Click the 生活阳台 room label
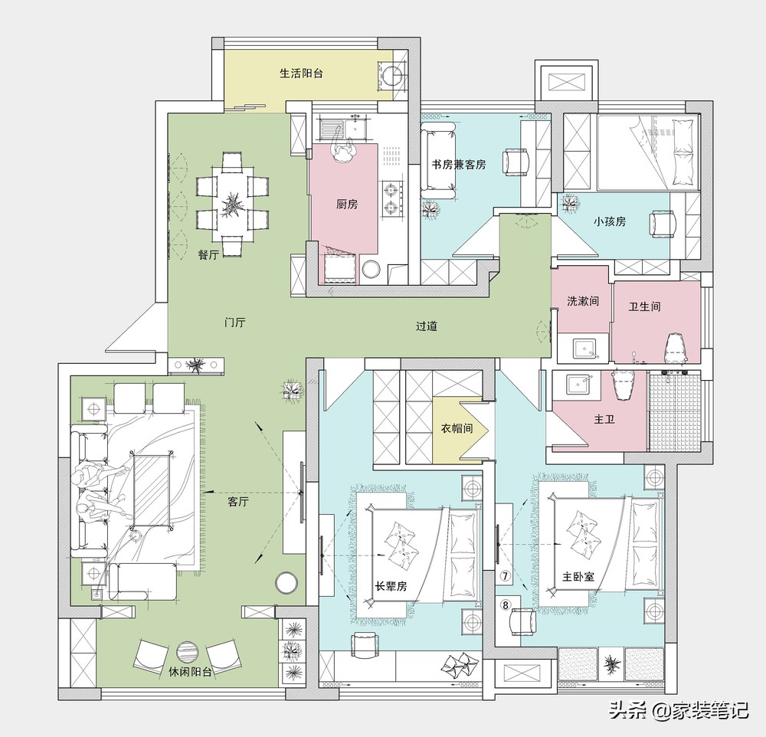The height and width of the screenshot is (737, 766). tap(301, 74)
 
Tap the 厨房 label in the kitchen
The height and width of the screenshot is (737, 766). tap(347, 205)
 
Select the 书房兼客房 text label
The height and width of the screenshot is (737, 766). tap(459, 165)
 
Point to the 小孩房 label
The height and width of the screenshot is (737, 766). tap(610, 221)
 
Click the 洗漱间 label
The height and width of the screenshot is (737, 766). tap(583, 301)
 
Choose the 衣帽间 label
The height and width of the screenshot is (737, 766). tap(457, 428)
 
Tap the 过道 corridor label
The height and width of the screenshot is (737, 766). tap(427, 326)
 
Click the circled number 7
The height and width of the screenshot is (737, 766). tap(505, 576)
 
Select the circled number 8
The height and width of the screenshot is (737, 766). tap(505, 605)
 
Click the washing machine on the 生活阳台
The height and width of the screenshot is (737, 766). tap(392, 76)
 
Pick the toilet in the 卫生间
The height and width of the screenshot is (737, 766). tap(676, 348)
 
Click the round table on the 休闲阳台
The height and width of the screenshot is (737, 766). tap(188, 652)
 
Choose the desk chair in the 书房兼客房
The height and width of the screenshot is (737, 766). tap(516, 162)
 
